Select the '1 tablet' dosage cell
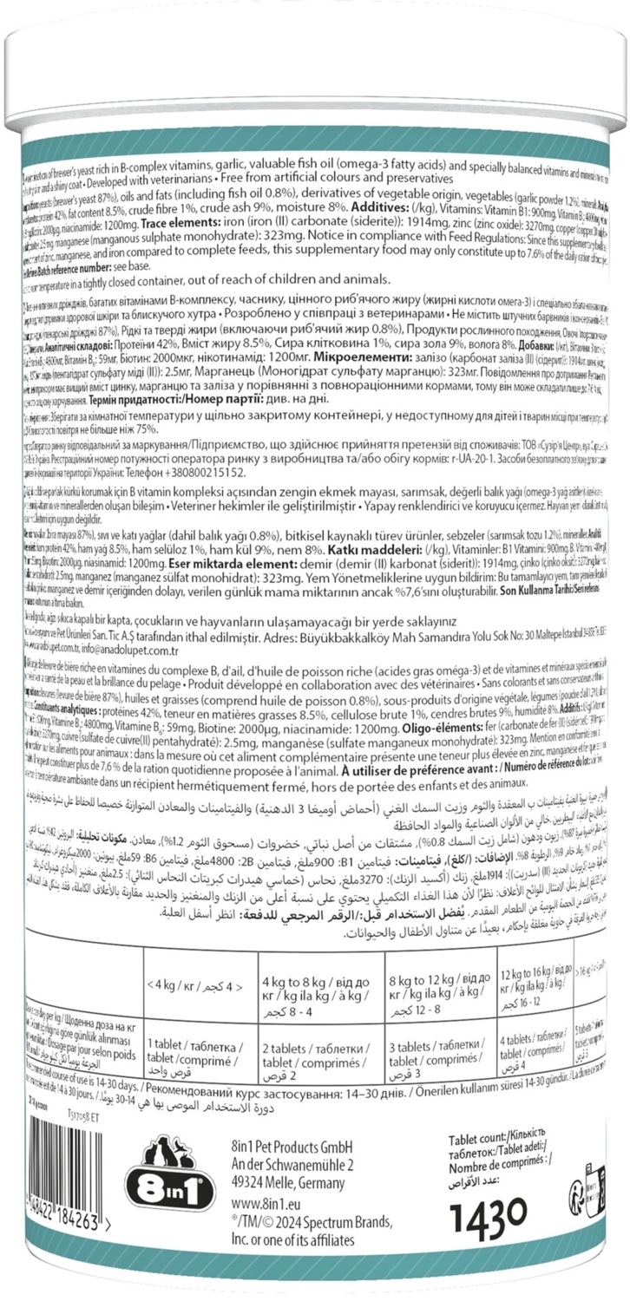(195, 1051)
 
